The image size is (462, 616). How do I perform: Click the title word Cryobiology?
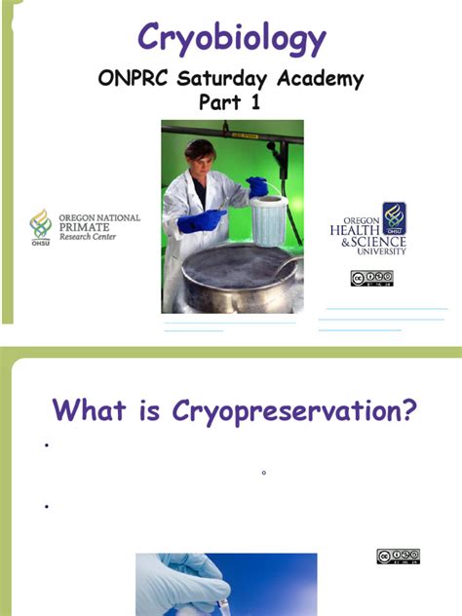click(231, 38)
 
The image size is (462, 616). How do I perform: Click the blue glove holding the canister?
click(258, 187)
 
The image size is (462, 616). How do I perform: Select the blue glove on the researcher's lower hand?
click(201, 221)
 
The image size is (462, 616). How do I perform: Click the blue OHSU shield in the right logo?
click(394, 216)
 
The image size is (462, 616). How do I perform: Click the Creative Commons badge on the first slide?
click(371, 279)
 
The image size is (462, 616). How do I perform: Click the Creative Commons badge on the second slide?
click(398, 557)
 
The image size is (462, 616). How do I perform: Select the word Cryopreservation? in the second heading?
click(289, 409)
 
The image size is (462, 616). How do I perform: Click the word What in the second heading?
click(89, 409)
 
